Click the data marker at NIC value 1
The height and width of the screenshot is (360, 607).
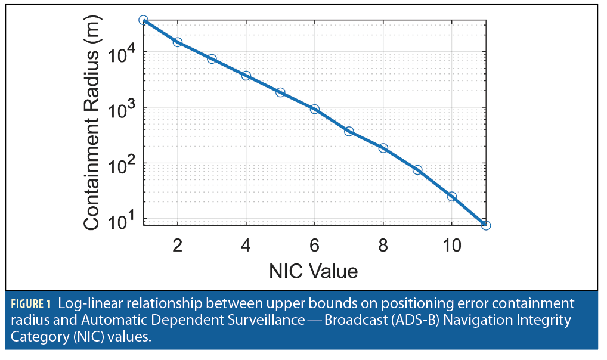(143, 20)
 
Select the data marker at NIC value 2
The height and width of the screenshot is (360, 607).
(177, 42)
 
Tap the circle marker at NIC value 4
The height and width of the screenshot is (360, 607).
(246, 76)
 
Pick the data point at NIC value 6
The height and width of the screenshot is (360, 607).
(314, 109)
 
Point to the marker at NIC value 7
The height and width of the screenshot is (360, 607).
(349, 131)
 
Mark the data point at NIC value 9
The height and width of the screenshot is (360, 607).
(417, 170)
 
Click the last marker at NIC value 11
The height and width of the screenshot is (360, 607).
(486, 225)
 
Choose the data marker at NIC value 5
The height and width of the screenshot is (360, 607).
(280, 92)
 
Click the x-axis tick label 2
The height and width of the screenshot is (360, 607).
(177, 245)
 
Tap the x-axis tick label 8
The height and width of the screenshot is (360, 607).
(383, 245)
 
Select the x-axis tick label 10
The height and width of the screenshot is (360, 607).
(451, 245)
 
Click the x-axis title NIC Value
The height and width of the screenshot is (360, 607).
(314, 271)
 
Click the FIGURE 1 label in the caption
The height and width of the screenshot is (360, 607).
(31, 303)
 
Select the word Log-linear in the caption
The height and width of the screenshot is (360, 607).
(86, 303)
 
